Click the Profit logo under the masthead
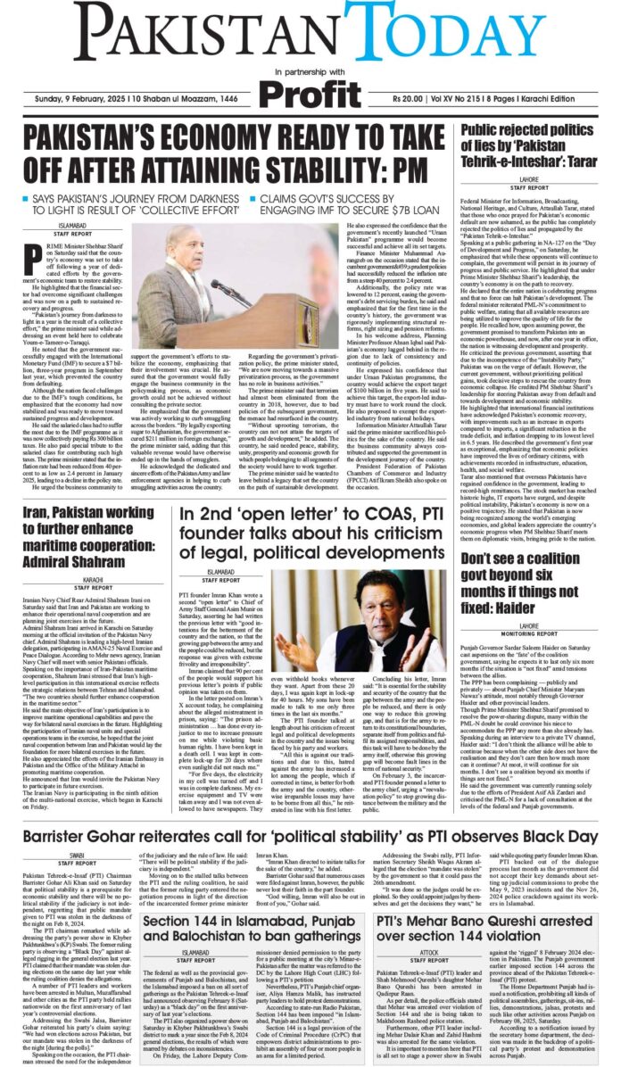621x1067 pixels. point(310,93)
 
